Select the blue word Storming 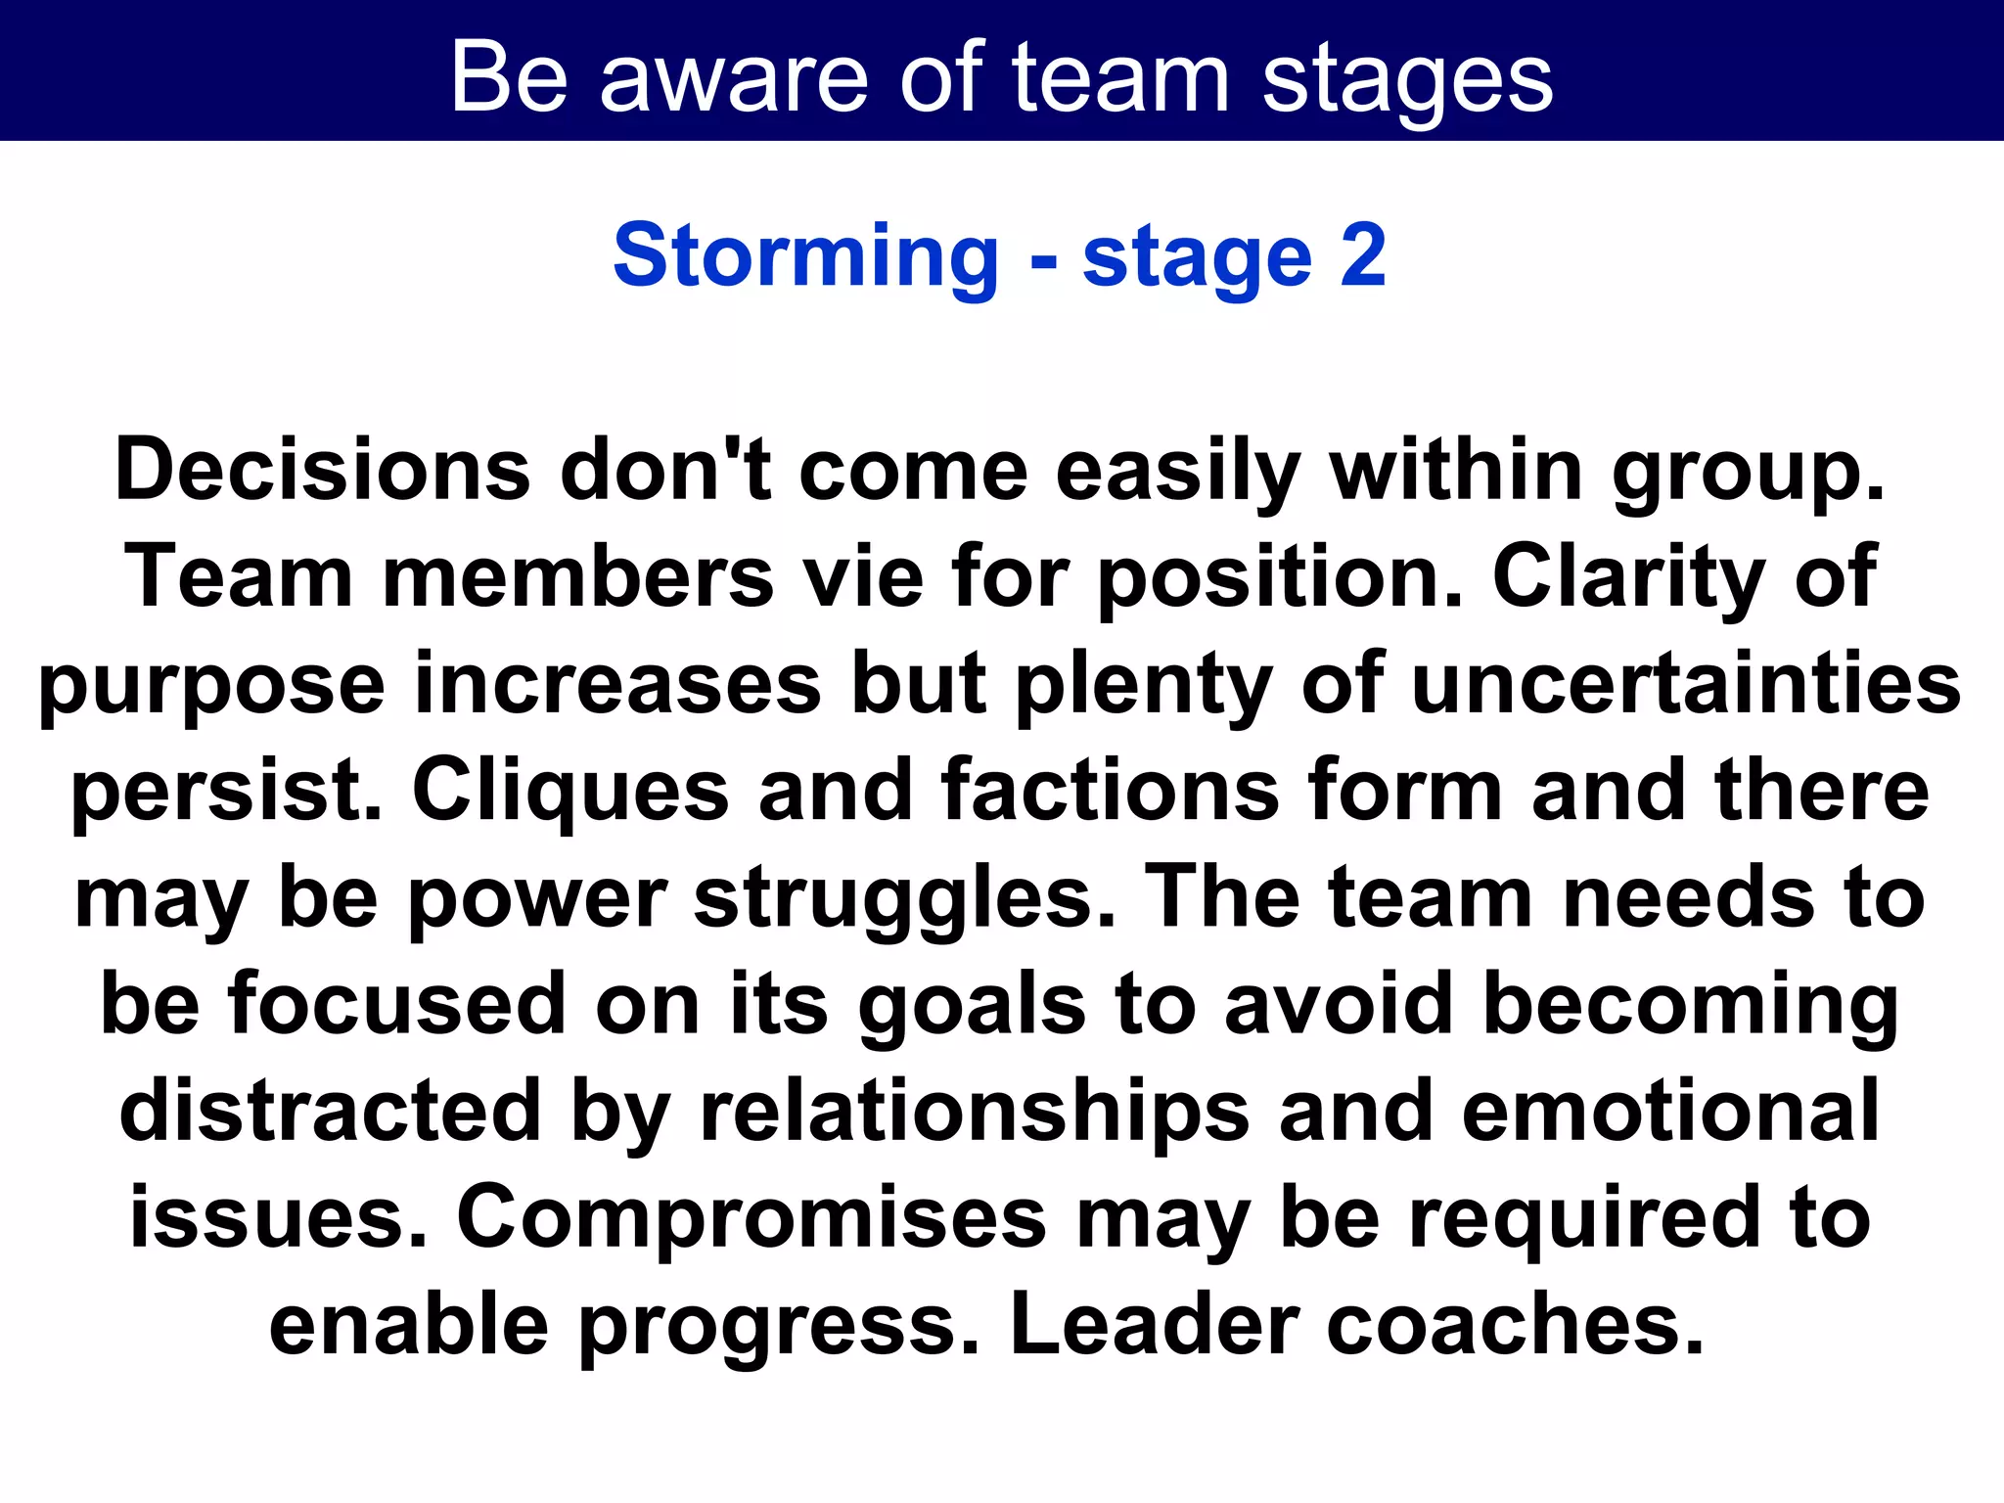point(805,256)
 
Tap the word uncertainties point(1686,684)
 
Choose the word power point(537,900)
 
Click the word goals point(972,1007)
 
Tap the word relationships point(975,1115)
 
